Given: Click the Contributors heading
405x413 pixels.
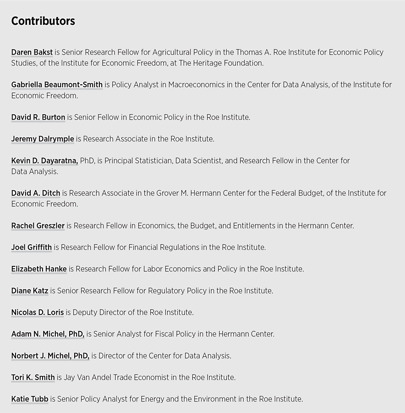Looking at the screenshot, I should click(x=43, y=21).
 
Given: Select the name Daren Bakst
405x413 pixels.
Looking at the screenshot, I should click(x=32, y=52).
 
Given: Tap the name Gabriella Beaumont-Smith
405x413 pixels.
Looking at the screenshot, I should click(x=57, y=85).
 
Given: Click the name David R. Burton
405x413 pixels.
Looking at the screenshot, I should click(x=38, y=117).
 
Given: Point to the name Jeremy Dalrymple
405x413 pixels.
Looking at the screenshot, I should click(x=43, y=139).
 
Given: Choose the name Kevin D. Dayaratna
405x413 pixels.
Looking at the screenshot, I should click(x=44, y=160).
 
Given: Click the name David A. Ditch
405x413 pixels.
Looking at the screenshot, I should click(x=36, y=193).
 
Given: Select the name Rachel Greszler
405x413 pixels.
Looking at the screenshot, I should click(x=38, y=226).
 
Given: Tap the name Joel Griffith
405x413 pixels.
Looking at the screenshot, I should click(x=32, y=248).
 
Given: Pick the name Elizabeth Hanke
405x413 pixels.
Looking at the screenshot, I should click(x=39, y=269).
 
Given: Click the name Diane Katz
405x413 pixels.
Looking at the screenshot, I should click(x=30, y=291).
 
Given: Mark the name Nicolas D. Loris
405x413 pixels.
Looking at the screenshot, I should click(x=38, y=313).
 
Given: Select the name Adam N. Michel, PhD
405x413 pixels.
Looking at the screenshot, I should click(x=48, y=334).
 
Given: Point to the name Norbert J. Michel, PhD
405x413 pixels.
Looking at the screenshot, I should click(x=50, y=356).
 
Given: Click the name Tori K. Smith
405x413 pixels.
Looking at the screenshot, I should click(x=33, y=378).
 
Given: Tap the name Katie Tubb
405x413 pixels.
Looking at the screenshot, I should click(x=30, y=399).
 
